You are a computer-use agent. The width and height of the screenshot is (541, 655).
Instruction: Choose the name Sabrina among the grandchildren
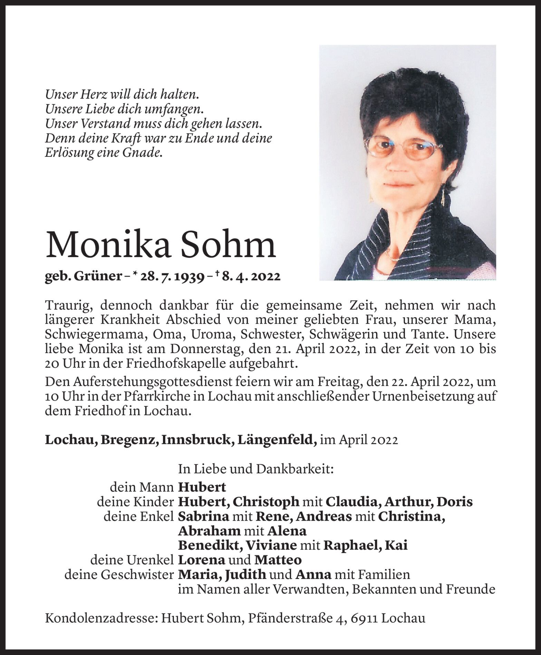[203, 516]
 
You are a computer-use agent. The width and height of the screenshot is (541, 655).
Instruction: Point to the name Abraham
[209, 531]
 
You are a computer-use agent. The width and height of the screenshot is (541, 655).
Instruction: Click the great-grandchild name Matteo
[278, 560]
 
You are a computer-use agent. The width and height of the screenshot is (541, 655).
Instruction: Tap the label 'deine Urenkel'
[132, 560]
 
